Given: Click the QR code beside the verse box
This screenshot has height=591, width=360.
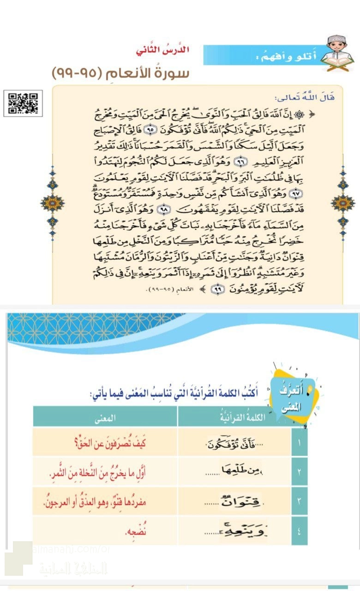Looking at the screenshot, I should pyautogui.click(x=23, y=103).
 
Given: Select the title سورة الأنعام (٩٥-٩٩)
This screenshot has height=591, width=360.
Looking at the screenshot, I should pyautogui.click(x=120, y=73).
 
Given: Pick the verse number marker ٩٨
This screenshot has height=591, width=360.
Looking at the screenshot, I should pyautogui.click(x=163, y=209).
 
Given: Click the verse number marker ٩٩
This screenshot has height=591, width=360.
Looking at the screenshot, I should pyautogui.click(x=216, y=289).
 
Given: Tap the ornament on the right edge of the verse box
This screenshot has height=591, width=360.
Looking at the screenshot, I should pyautogui.click(x=342, y=202).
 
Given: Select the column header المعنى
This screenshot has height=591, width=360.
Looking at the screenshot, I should pyautogui.click(x=105, y=418).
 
